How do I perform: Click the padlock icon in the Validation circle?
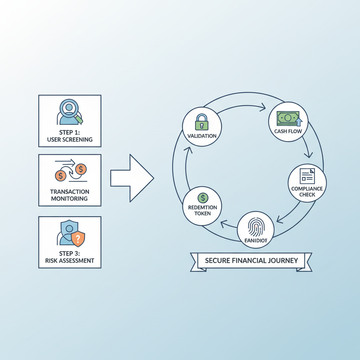[202, 122]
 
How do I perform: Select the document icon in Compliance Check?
[307, 176]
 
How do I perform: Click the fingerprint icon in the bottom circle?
[256, 227]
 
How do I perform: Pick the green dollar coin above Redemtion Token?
[203, 198]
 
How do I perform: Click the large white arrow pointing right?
[132, 178]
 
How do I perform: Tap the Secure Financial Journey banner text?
[251, 261]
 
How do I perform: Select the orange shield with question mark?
[78, 239]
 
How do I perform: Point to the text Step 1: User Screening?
[70, 136]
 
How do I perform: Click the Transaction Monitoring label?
[70, 195]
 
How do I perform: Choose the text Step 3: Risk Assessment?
[70, 257]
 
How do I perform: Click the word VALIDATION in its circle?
[202, 136]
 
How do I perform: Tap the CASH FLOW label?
[288, 131]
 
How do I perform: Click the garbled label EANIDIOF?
[255, 241]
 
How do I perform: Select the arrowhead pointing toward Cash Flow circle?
[262, 108]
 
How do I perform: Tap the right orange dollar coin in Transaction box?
[81, 169]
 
